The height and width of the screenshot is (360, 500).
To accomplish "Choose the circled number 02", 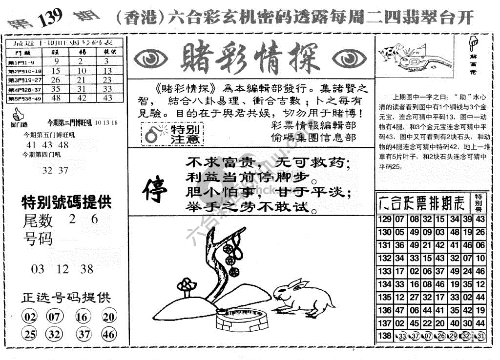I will coord(30,317).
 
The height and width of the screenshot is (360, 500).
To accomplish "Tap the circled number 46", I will coord(109,334).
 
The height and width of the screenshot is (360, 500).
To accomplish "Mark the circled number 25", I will coord(30,334).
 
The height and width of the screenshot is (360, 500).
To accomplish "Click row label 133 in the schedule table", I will coord(385,271).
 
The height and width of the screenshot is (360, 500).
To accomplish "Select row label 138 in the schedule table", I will coord(385,336).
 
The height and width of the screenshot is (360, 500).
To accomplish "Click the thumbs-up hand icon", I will coord(18,115).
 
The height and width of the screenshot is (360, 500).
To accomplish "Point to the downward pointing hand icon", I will coord(473,43).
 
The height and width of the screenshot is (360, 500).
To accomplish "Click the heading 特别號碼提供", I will coord(66,202).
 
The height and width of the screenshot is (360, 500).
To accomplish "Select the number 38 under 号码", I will coord(87,269).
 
